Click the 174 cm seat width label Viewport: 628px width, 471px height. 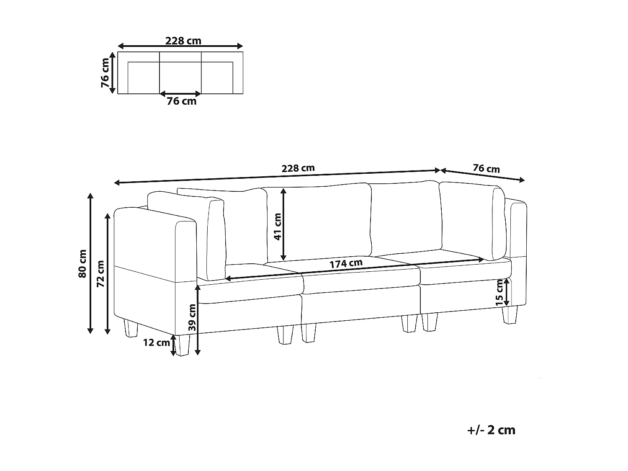tap(346, 264)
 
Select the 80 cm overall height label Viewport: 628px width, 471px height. tap(82, 263)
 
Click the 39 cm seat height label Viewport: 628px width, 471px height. tap(192, 317)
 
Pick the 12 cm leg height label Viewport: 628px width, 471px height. tap(157, 342)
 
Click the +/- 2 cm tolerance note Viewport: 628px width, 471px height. tap(490, 430)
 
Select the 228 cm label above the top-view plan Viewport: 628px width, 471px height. tap(183, 41)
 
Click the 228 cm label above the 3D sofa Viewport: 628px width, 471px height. tap(298, 168)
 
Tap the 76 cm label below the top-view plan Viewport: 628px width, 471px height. tap(181, 101)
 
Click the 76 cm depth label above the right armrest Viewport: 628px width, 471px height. tap(486, 169)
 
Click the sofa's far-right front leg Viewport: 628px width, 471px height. tap(510, 315)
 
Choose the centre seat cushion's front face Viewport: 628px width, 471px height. tap(361, 283)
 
